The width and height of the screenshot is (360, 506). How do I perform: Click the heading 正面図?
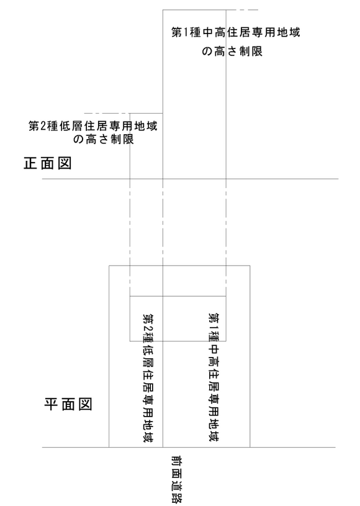pyautogui.click(x=47, y=163)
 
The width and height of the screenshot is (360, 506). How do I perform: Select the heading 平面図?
pyautogui.click(x=68, y=404)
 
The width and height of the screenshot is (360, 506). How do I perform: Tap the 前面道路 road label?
pyautogui.click(x=176, y=479)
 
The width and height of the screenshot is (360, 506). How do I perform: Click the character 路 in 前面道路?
pyautogui.click(x=176, y=497)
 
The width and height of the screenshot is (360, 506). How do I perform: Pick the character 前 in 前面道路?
pyautogui.click(x=176, y=461)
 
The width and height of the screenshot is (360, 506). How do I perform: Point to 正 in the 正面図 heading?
pyautogui.click(x=30, y=163)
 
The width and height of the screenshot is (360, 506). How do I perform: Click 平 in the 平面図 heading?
pyautogui.click(x=51, y=404)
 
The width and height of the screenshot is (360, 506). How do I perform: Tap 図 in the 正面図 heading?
pyautogui.click(x=65, y=163)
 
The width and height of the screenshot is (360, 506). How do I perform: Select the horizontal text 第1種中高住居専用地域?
pyautogui.click(x=235, y=32)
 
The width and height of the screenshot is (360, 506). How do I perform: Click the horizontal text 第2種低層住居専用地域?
pyautogui.click(x=93, y=126)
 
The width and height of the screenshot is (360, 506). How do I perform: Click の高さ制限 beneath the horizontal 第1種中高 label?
pyautogui.click(x=232, y=51)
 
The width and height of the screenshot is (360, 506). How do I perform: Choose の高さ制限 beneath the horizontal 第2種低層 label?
pyautogui.click(x=103, y=139)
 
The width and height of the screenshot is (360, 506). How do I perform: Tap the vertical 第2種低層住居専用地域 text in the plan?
pyautogui.click(x=148, y=377)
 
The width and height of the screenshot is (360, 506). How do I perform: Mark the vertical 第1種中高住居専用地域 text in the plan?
pyautogui.click(x=214, y=377)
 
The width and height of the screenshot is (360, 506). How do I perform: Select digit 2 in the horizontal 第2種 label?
pyautogui.click(x=43, y=126)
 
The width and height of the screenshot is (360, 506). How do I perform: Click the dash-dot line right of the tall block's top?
pyautogui.click(x=242, y=10)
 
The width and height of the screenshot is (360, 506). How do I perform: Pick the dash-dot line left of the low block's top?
pyautogui.click(x=107, y=113)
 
